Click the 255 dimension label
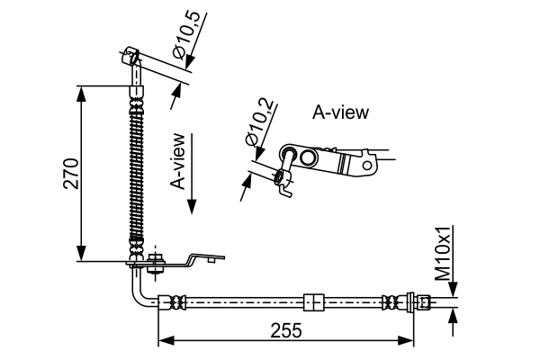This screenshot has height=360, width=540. (x=287, y=330)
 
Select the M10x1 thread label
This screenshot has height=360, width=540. (x=443, y=254)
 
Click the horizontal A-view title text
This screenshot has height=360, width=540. (x=340, y=112)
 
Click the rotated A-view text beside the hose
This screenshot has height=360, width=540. (x=178, y=162)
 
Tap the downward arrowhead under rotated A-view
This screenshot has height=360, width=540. (x=192, y=207)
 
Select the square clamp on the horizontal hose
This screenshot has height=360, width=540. (x=313, y=301)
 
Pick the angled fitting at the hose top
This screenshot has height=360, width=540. (x=131, y=64)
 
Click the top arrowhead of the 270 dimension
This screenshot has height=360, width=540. (x=82, y=91)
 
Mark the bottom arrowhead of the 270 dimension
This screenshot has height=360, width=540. (x=82, y=256)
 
